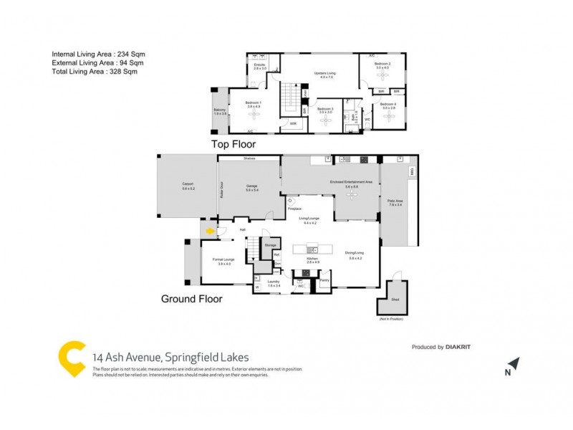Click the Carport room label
tap(188, 185)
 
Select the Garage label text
tap(251, 186)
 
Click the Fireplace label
tap(294, 208)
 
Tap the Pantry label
tap(324, 281)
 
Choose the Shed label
tap(394, 300)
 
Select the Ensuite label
tap(259, 66)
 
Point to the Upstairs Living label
tap(326, 73)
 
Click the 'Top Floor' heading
tap(233, 144)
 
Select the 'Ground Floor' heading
tap(191, 299)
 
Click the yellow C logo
tap(72, 358)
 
